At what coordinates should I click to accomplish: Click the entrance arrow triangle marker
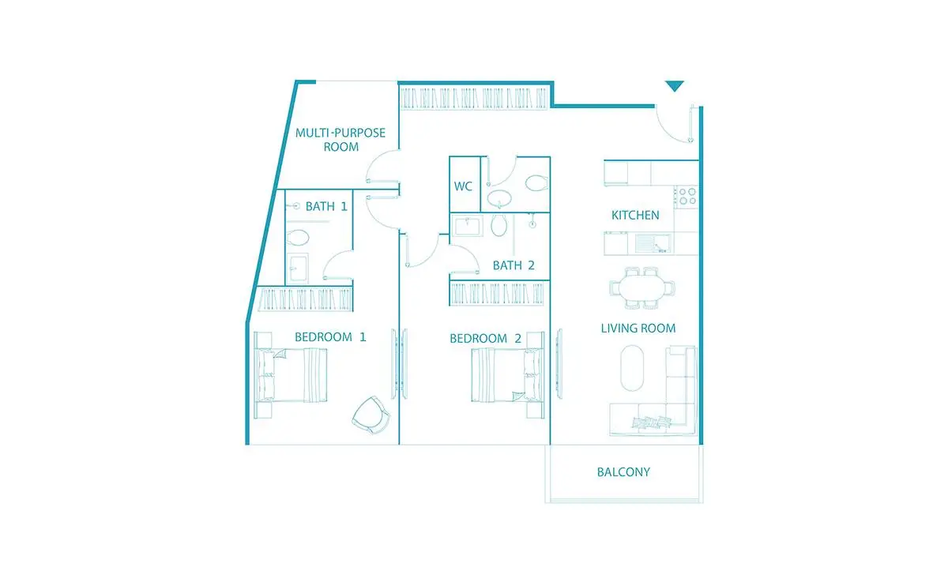pos(674,85)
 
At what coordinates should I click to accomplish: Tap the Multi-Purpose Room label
pos(340,140)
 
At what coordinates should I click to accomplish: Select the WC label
pos(463,186)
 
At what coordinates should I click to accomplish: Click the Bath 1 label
pos(326,206)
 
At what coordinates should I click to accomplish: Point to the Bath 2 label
pos(513,265)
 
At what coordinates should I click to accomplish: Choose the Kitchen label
pos(635,216)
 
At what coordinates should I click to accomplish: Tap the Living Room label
pos(638,329)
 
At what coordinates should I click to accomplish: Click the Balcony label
pos(623,471)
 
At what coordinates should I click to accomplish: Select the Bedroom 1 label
pos(330,337)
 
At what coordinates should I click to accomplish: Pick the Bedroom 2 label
pos(485,339)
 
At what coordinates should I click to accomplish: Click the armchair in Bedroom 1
pos(371,415)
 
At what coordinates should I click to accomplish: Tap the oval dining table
pos(642,288)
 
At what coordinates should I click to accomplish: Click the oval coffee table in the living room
pos(632,368)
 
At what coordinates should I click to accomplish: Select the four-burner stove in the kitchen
pos(687,197)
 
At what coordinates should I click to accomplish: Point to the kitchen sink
pos(653,243)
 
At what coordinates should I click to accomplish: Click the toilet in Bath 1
pos(298,238)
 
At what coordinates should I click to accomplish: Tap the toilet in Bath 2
pos(499,224)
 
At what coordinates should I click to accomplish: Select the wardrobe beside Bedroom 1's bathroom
pos(305,299)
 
